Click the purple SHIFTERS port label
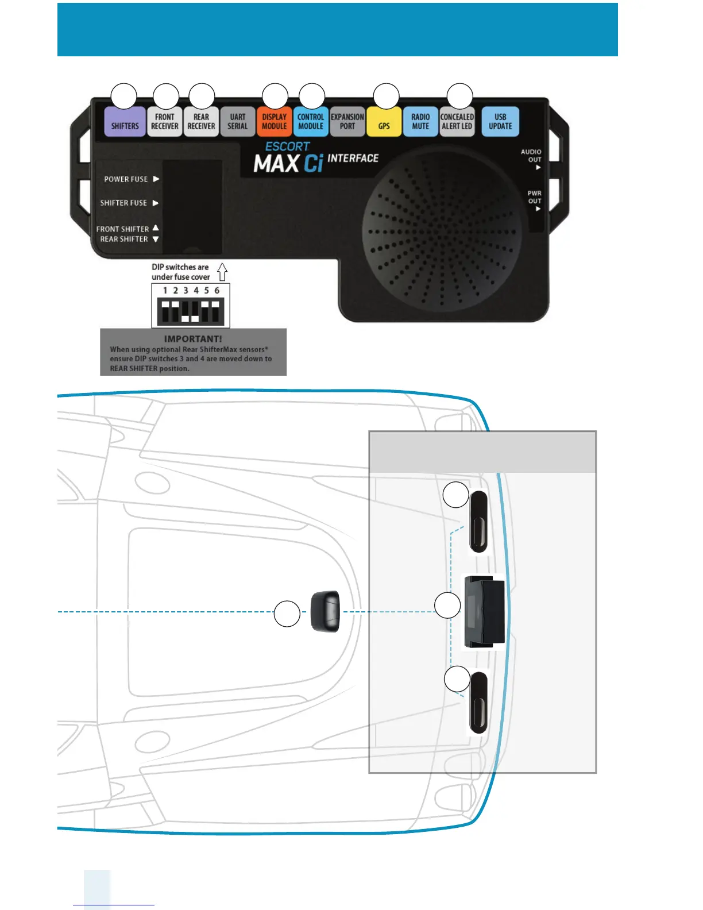(125, 122)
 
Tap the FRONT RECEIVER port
(165, 122)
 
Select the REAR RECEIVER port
(201, 122)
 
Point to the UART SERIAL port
(237, 122)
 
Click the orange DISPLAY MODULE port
(275, 122)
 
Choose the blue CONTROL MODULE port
(311, 122)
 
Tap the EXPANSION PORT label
(347, 122)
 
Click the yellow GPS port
(384, 122)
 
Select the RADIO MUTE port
(420, 122)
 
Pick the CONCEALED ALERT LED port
(457, 122)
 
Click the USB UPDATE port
(500, 122)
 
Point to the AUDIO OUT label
(531, 156)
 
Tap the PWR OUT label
(535, 197)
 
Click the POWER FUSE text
(126, 179)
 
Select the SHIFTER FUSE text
(123, 203)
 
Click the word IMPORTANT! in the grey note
(193, 339)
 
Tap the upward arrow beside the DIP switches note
(222, 272)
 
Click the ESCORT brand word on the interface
(287, 146)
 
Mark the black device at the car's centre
(325, 612)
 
